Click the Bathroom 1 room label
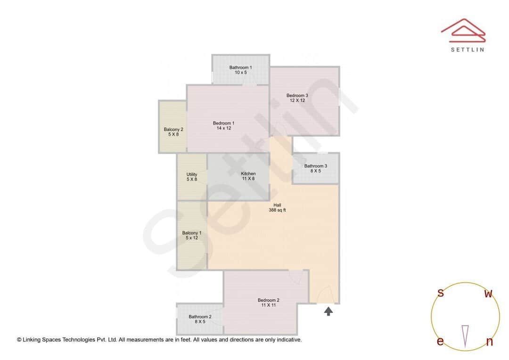coord(240,70)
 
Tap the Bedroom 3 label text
coord(297,98)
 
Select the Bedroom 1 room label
coord(223,126)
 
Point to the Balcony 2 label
coord(173,132)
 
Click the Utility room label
coord(192,177)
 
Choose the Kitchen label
coord(248,176)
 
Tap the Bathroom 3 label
coord(315,168)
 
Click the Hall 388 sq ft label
coord(277,207)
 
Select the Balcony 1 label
coord(192,235)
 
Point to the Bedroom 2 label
coord(268,303)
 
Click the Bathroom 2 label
coord(200,319)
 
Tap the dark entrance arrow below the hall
coord(328,311)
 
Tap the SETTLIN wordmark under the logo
coord(467,49)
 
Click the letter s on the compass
coord(441,293)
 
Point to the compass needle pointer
coord(465,336)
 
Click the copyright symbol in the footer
coord(19,339)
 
